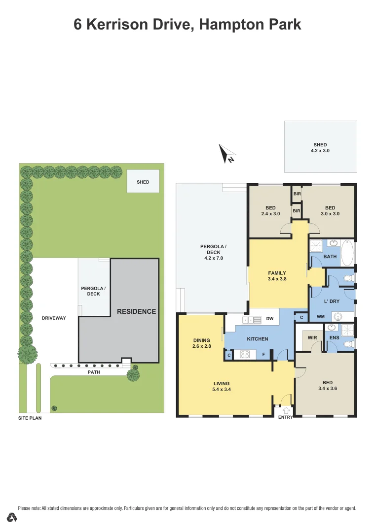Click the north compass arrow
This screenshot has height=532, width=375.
[x=226, y=153]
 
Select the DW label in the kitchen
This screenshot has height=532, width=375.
[x=270, y=319]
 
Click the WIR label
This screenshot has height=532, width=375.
[x=312, y=338]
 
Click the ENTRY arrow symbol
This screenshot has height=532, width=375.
[x=286, y=410]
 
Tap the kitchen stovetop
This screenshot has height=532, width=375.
[x=245, y=354]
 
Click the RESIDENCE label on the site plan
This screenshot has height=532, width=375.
[x=136, y=311]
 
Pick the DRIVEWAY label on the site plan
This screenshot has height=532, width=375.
[x=54, y=318]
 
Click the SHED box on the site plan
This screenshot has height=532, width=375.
[x=143, y=181]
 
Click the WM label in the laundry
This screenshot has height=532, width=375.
[x=321, y=316]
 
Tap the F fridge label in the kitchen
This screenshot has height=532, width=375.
[x=264, y=354]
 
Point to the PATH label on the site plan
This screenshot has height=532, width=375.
[x=94, y=372]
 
